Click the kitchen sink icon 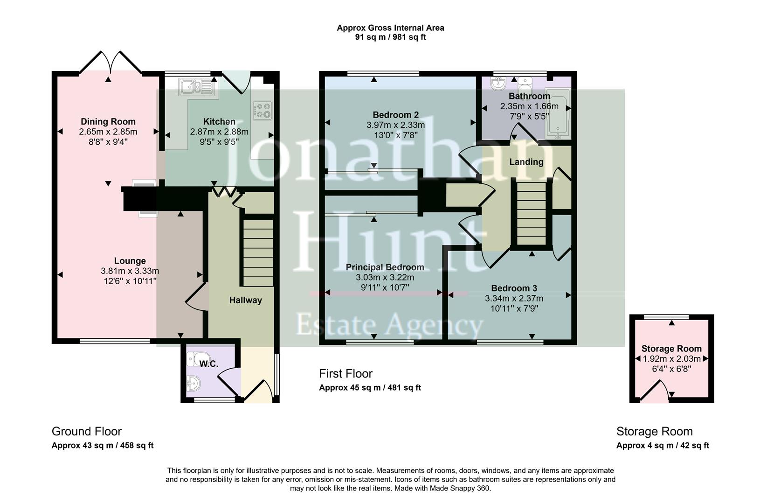[197, 87]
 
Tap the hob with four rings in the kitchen [262, 111]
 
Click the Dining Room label [108, 122]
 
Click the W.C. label [209, 364]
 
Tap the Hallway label [245, 300]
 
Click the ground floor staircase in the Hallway [256, 252]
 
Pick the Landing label [526, 162]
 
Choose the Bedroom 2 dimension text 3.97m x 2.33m [395, 125]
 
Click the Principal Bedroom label [385, 267]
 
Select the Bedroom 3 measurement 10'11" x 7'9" [514, 308]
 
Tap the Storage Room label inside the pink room [671, 349]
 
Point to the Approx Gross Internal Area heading [390, 28]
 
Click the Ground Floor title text [86, 431]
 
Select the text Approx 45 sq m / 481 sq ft [370, 387]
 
